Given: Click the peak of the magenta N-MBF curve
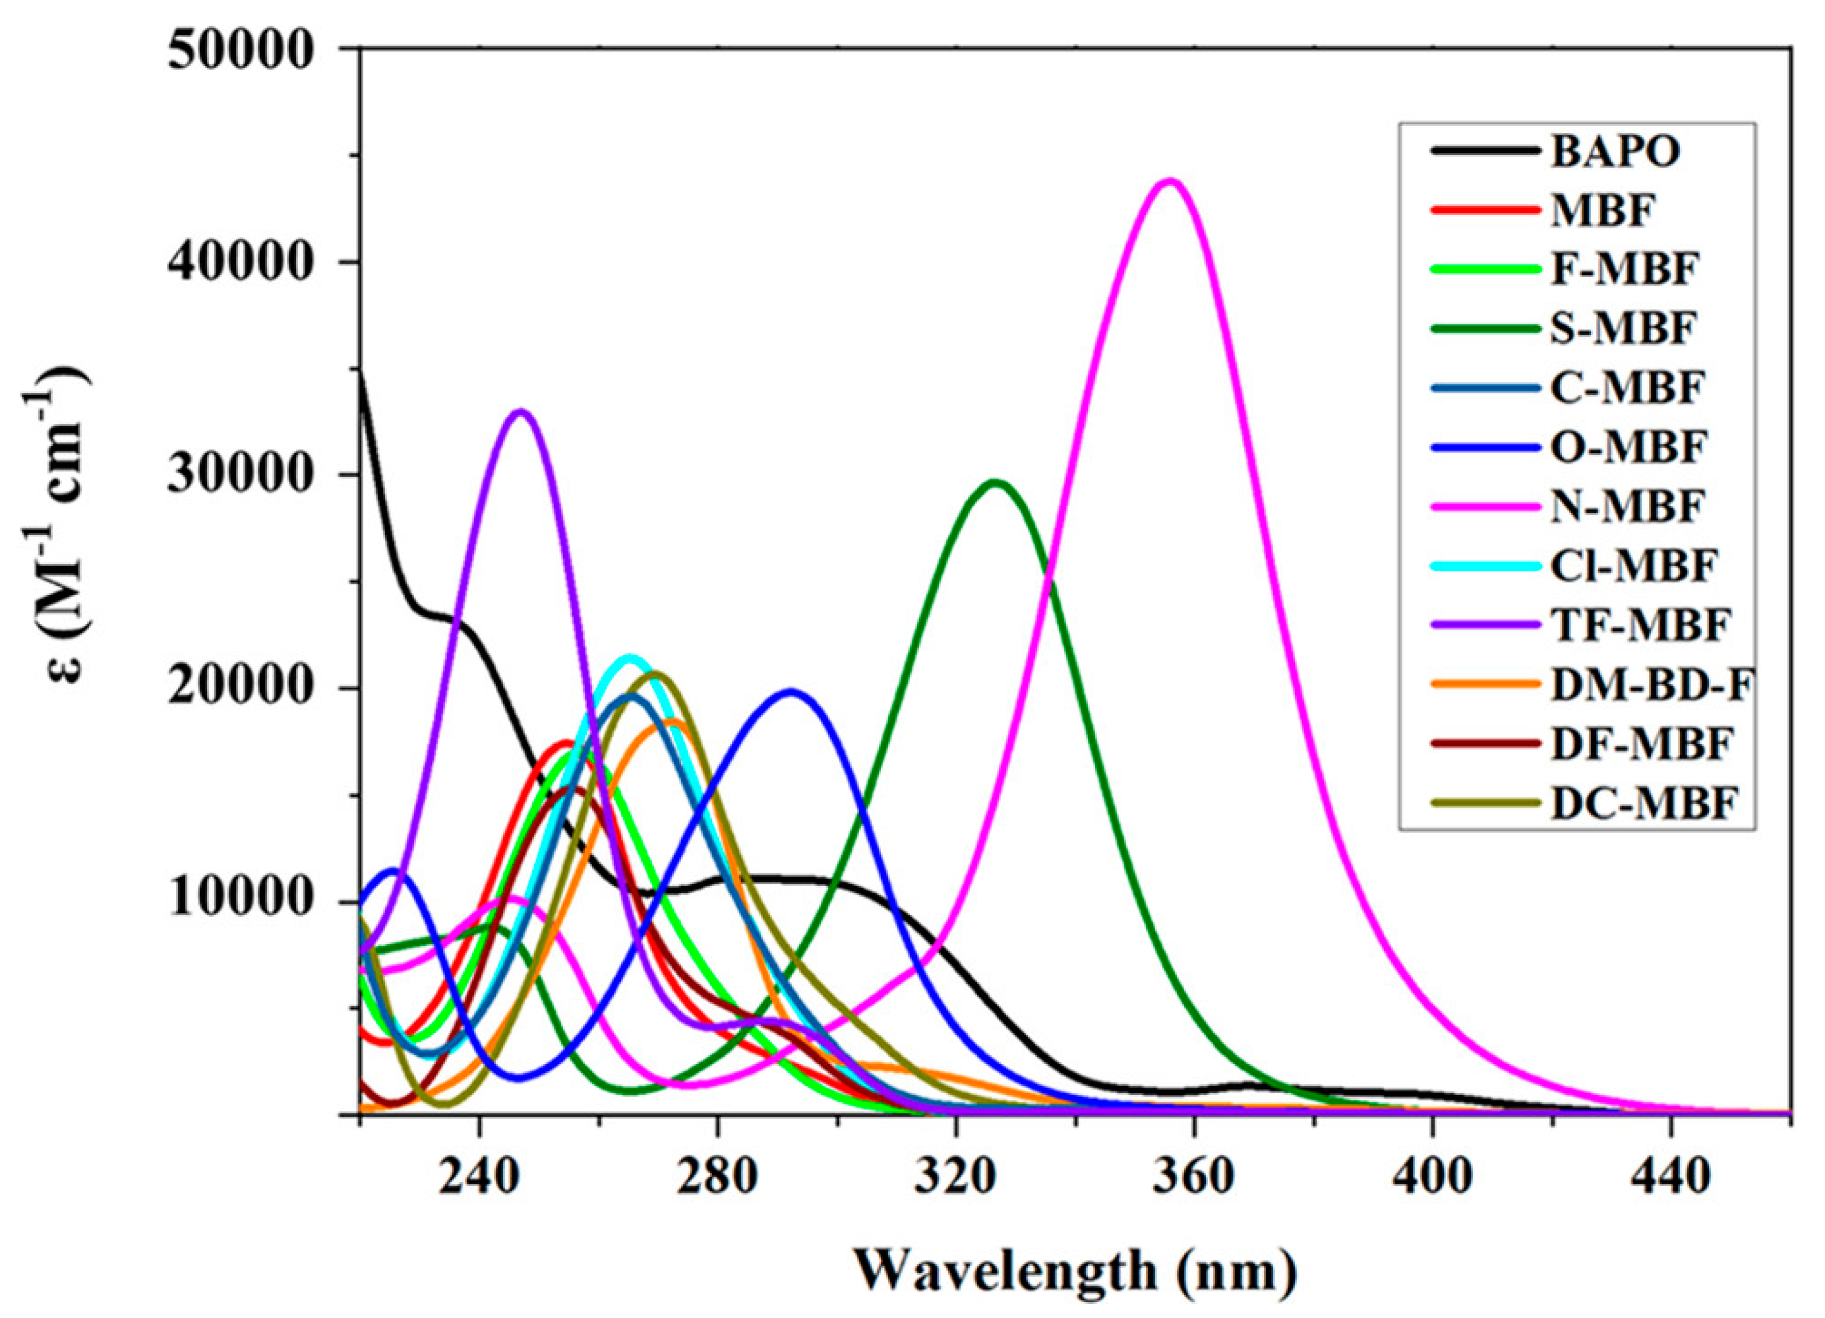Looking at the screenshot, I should click(x=1171, y=181).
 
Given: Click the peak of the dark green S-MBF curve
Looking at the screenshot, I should click(x=996, y=482).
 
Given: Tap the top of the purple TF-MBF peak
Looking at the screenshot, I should click(x=522, y=412).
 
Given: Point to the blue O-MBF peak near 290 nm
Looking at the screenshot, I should click(x=792, y=691).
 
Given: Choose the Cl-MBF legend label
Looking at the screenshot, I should click(x=1634, y=566).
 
